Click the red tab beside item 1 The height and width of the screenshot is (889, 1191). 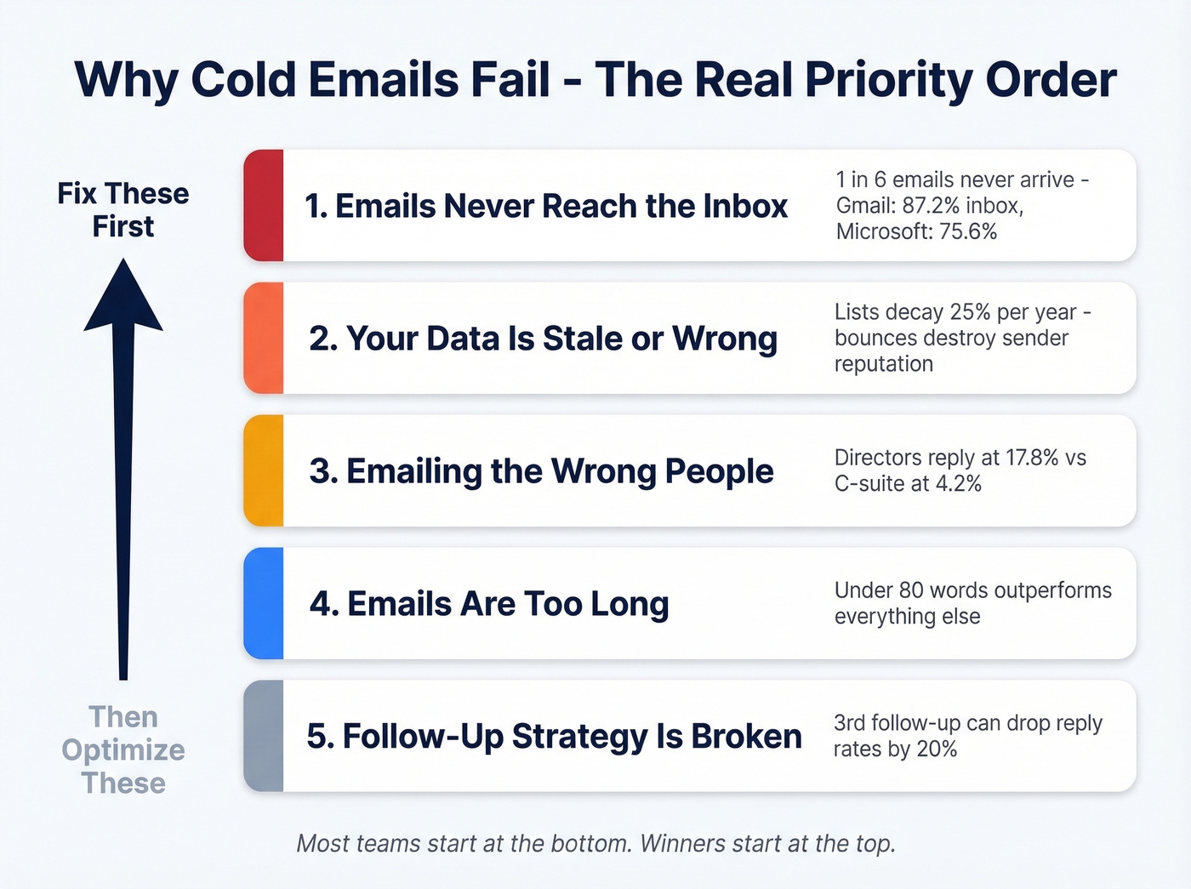pos(264,205)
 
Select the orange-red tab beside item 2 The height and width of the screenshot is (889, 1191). pos(264,338)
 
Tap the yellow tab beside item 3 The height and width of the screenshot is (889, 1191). pos(264,470)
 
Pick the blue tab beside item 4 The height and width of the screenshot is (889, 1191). pos(264,603)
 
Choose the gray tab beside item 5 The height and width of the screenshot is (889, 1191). pos(264,736)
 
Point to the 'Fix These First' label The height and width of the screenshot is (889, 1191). pos(123,210)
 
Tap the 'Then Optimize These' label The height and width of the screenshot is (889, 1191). pos(123,749)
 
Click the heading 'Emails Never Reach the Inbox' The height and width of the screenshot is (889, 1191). pos(546,206)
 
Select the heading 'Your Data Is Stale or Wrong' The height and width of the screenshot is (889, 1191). pos(543,339)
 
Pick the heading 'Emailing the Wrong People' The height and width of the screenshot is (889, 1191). pos(542,471)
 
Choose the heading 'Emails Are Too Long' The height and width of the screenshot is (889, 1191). pos(489,604)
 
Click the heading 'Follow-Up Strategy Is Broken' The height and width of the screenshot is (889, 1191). pos(554,737)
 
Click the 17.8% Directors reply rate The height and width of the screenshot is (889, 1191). pos(1032,458)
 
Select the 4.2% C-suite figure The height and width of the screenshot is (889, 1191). pos(958,484)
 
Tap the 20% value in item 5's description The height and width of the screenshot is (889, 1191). pos(937,749)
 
